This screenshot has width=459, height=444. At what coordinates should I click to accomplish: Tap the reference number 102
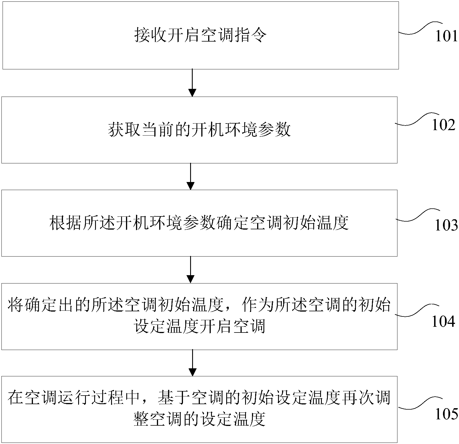click(x=443, y=125)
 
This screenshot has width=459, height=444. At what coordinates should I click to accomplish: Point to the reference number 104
click(x=443, y=322)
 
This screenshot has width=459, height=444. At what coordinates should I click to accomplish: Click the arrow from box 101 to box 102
click(x=192, y=83)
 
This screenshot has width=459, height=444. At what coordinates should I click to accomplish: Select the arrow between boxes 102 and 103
click(x=190, y=176)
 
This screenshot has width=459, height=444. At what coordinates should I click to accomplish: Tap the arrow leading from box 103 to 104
click(x=190, y=269)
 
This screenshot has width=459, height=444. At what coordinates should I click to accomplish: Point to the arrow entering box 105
click(x=192, y=363)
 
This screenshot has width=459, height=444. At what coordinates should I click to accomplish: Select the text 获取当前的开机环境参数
click(x=199, y=130)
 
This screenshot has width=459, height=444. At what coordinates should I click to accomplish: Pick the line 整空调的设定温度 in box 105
click(x=200, y=420)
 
